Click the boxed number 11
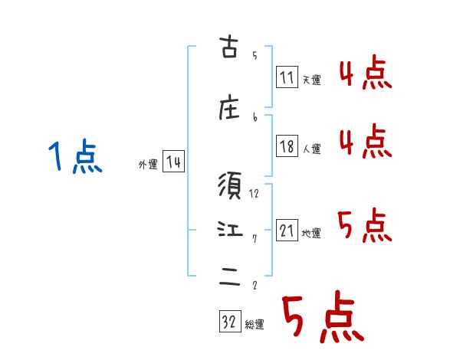pos(287,77)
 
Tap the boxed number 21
pos(287,231)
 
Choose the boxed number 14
pos(173,162)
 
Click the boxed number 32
pos(229,322)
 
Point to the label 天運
pos(310,80)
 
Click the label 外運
pos(148,164)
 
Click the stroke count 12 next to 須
pos(255,193)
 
